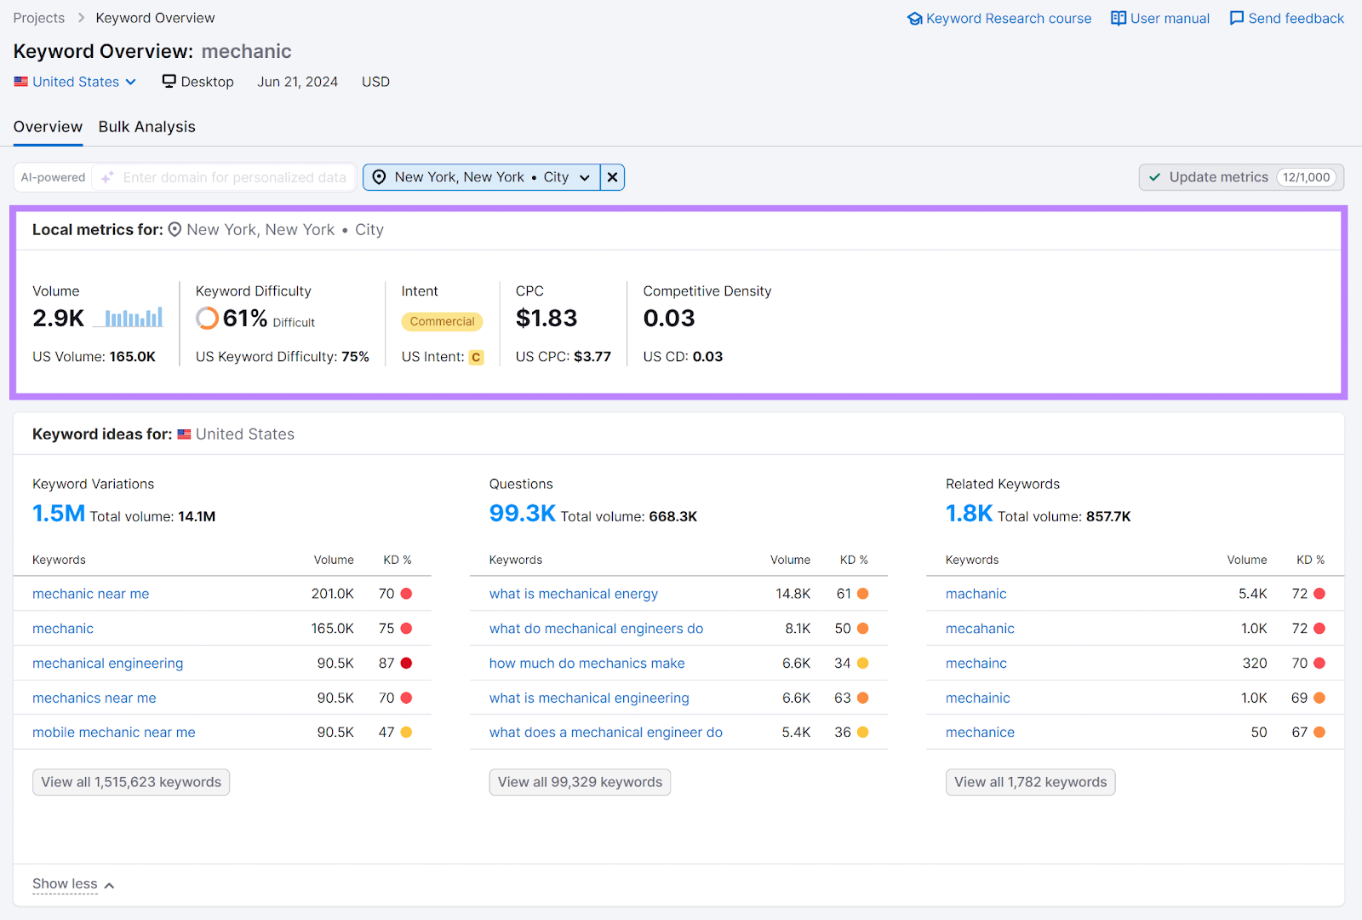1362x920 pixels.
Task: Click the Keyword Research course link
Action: coord(999,19)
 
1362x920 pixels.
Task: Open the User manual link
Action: coord(1160,19)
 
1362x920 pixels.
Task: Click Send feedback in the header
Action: coord(1287,19)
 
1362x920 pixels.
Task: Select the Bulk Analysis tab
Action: coord(146,127)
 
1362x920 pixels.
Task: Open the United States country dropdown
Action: coord(76,82)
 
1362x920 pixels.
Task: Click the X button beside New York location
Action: coord(612,177)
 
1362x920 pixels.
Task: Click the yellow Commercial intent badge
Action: coord(442,321)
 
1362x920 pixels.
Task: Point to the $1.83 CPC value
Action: coord(547,319)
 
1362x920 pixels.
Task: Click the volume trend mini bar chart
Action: coord(134,318)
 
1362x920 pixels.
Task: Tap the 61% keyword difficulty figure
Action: coord(245,319)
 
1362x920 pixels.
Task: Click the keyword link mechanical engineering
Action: coord(107,664)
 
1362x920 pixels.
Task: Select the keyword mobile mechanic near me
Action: coord(113,733)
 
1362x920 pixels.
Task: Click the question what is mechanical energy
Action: coord(573,594)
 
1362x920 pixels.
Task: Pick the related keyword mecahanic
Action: coord(980,629)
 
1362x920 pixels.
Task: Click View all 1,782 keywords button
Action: coord(1030,782)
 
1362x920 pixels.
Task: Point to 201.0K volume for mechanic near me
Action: coord(332,594)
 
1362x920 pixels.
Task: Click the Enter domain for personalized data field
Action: coord(234,177)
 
